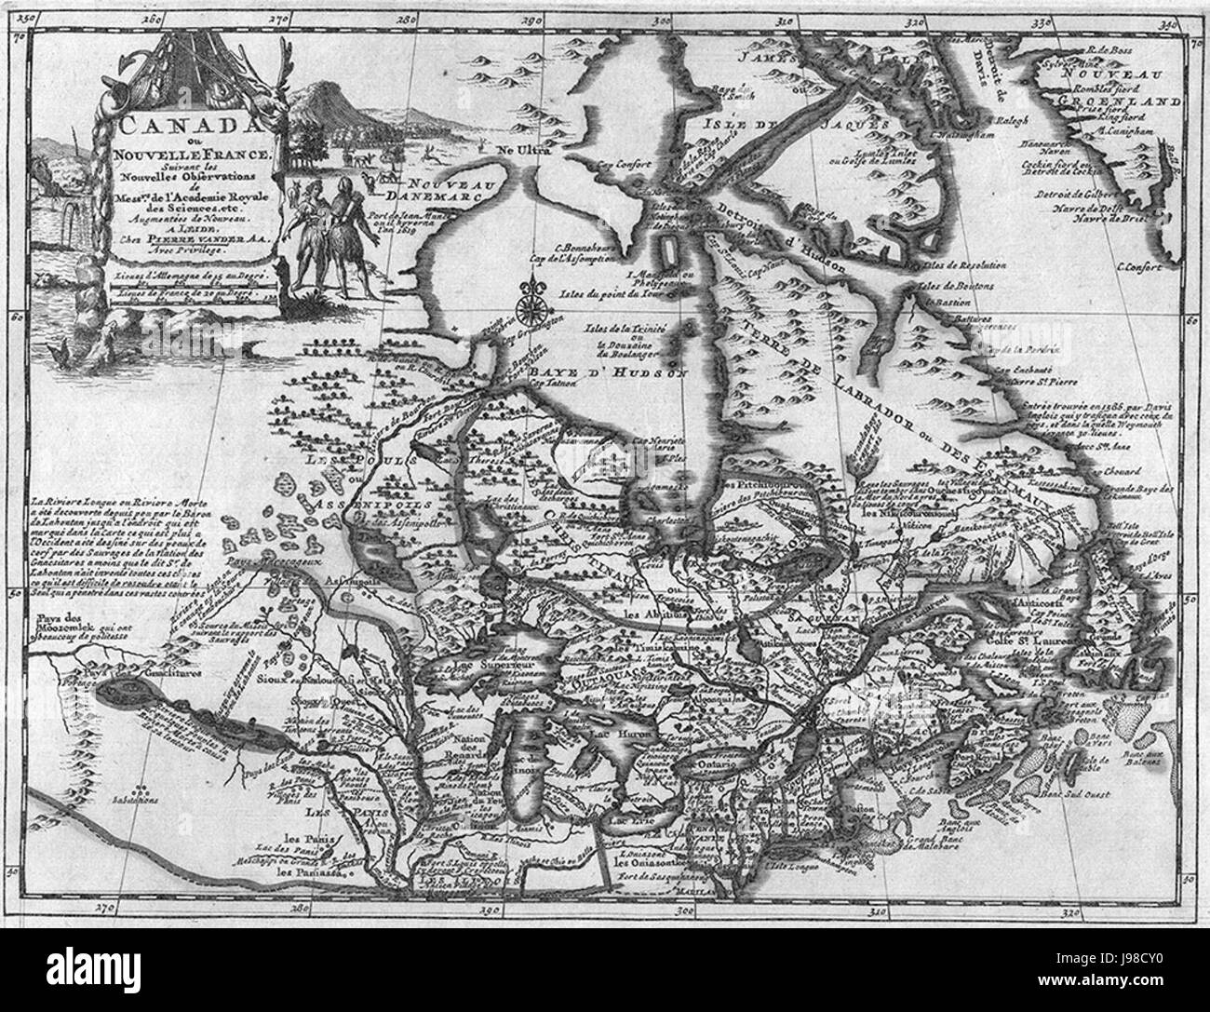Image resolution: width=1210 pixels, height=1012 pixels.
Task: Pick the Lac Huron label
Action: tap(635, 733)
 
